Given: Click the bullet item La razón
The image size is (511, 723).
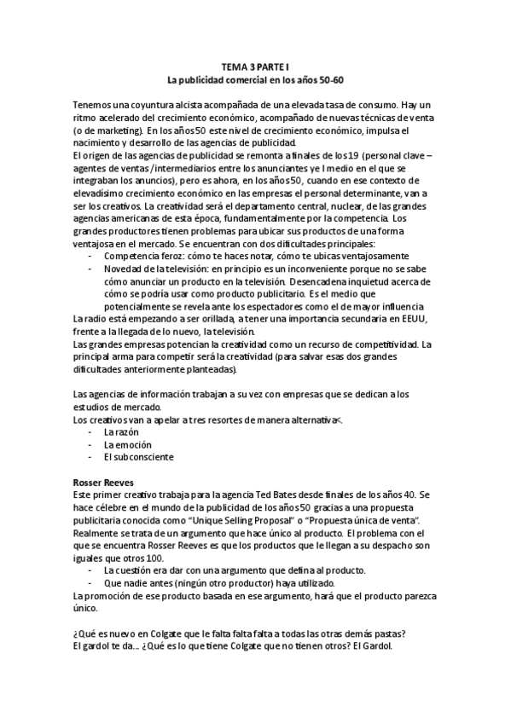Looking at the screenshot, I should pos(120,432).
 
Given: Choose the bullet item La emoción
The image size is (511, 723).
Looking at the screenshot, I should pos(127,444).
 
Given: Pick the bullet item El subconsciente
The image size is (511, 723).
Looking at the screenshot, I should pos(137,457).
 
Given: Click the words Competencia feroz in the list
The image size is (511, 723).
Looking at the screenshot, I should pos(141,257).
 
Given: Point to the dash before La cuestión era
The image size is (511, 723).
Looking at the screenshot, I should pos(91,570).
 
